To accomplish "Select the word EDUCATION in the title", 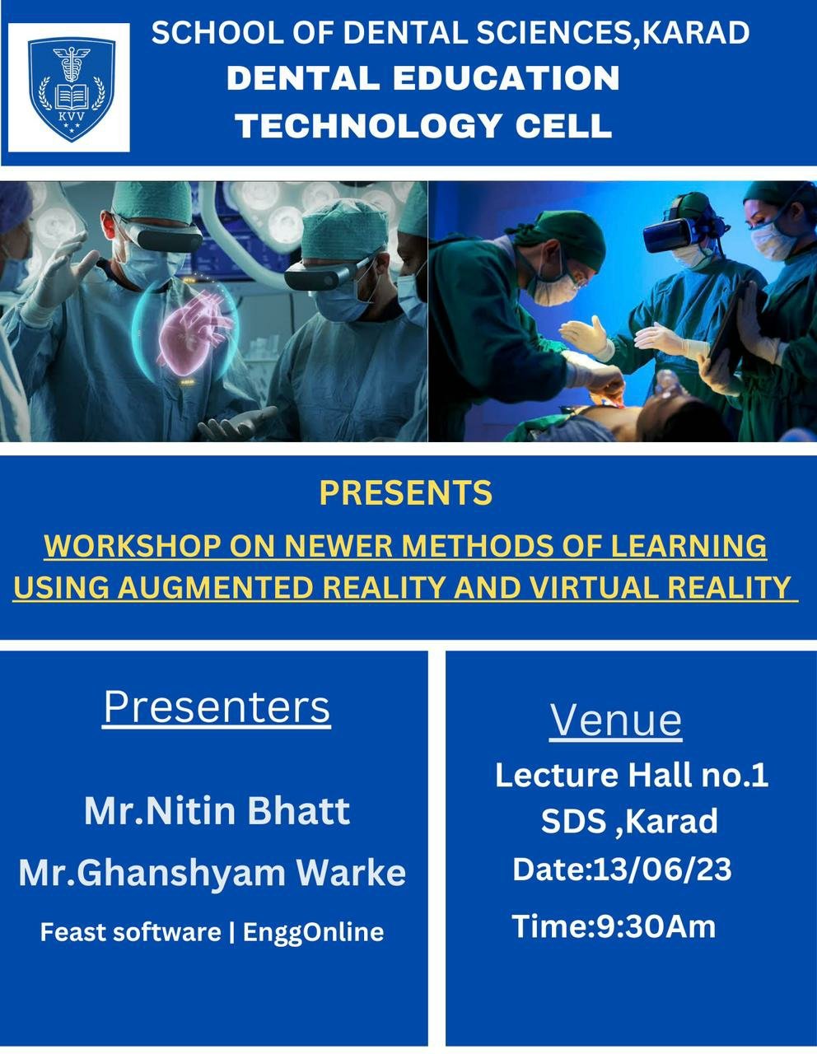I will (x=505, y=78).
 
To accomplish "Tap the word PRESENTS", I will (x=406, y=492).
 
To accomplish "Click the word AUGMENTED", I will (x=222, y=588).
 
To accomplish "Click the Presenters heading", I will (x=217, y=707).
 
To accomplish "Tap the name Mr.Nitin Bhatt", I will (x=217, y=811).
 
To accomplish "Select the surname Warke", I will (x=360, y=873).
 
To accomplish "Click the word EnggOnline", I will (x=314, y=932).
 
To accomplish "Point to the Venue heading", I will (x=616, y=720).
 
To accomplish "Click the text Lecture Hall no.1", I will (x=632, y=775).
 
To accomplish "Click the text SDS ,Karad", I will (x=629, y=821).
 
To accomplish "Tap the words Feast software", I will (x=130, y=932).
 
